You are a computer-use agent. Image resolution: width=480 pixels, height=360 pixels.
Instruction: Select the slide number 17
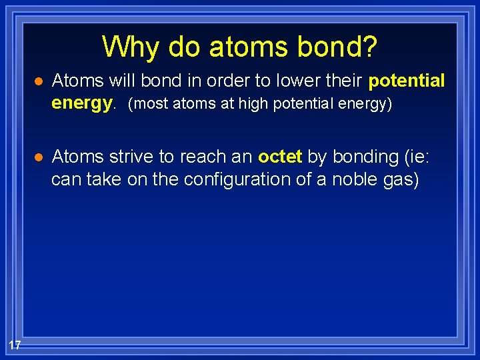[x=15, y=345]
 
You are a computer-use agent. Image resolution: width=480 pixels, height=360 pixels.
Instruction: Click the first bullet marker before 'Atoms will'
[x=39, y=82]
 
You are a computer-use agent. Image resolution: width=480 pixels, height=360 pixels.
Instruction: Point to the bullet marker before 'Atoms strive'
[x=39, y=157]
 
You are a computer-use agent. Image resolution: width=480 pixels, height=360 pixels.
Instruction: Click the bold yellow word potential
[x=406, y=81]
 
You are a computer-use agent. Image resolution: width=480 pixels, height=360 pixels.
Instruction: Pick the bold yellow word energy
[x=83, y=104]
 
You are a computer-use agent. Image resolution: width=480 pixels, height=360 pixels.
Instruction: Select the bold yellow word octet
[x=280, y=157]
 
